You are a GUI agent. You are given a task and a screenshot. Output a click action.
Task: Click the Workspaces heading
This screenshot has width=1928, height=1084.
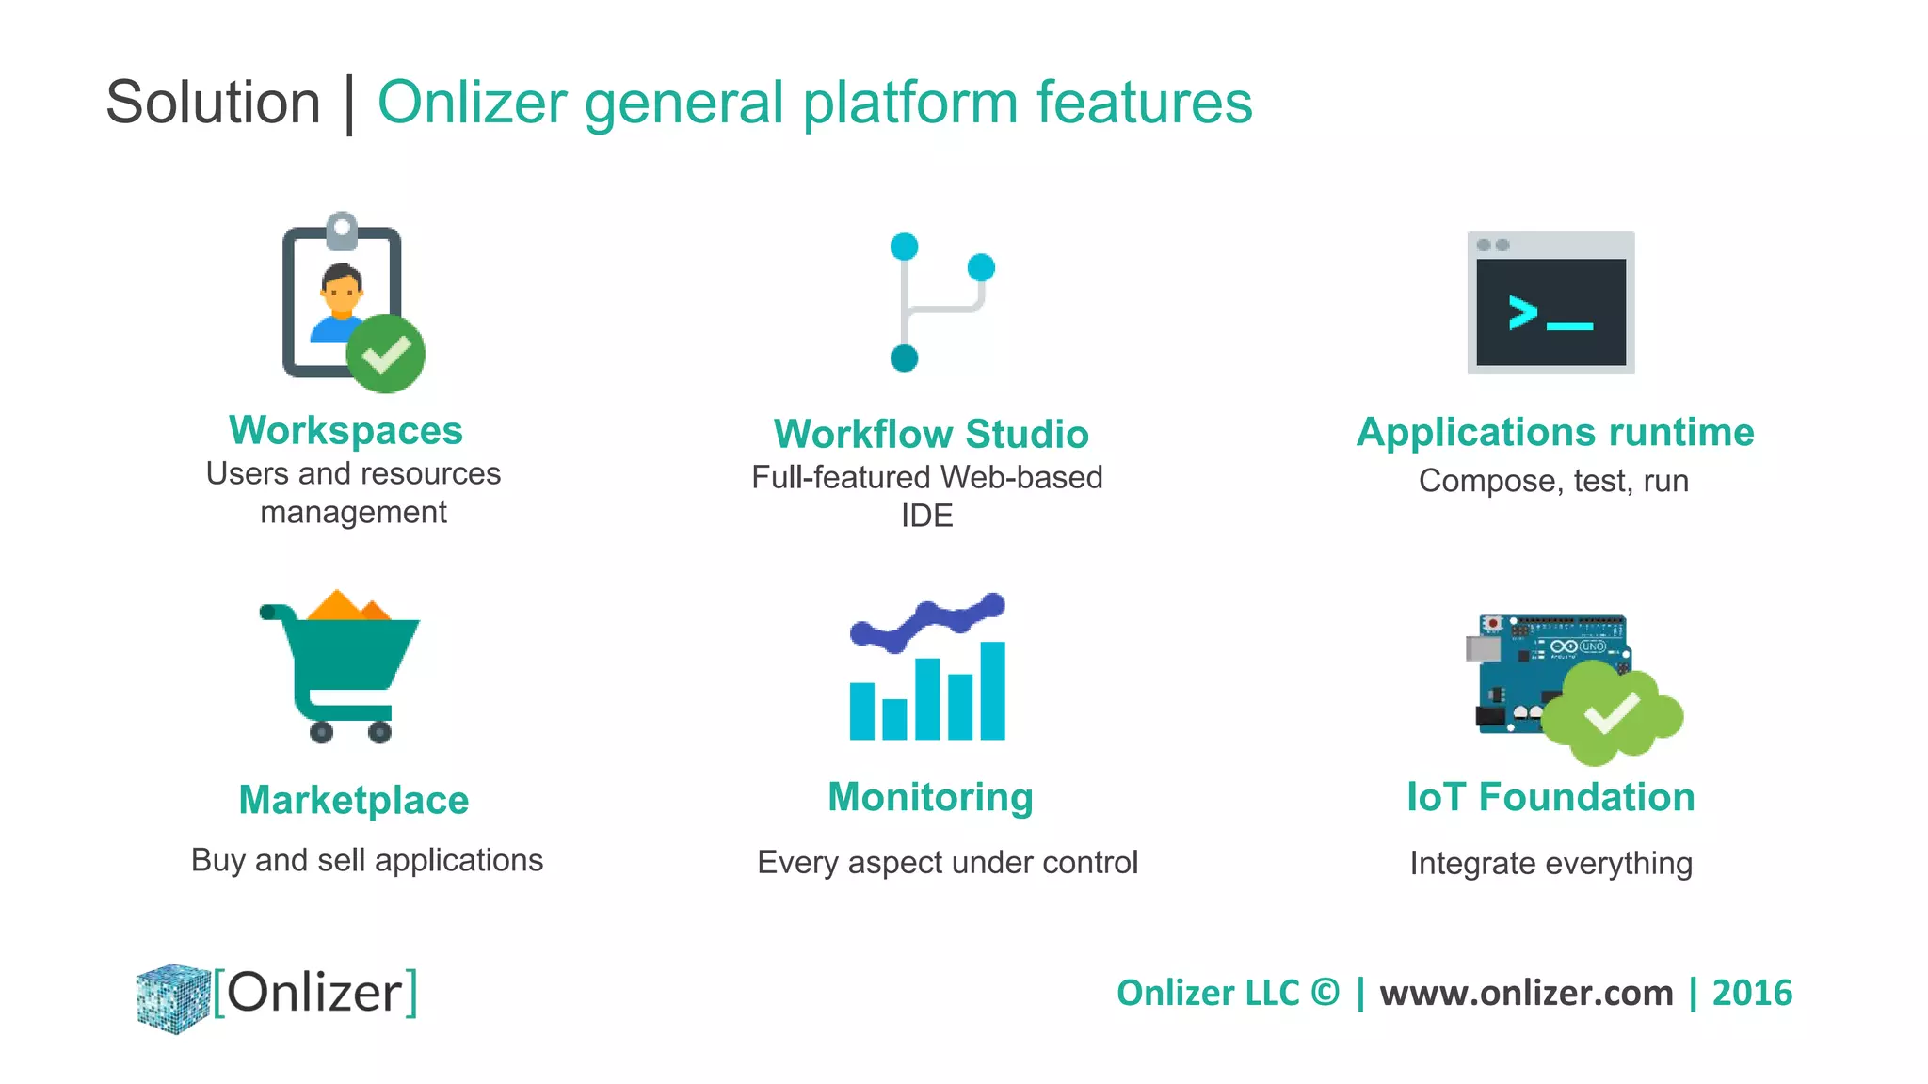345,431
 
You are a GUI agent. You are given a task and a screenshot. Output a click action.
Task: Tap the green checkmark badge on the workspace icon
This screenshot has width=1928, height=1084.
385,354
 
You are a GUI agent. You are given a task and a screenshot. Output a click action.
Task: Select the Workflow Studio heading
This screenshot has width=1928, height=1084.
930,435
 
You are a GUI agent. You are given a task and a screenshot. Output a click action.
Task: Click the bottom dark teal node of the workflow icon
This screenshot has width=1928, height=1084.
904,358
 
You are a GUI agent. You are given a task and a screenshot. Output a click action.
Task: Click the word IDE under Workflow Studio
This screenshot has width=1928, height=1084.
926,516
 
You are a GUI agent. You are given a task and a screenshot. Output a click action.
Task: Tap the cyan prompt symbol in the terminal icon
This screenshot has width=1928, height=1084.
1523,312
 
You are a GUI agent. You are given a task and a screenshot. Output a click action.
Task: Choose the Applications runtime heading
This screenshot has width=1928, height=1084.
1554,433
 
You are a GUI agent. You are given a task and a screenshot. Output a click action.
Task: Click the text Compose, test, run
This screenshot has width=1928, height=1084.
1553,481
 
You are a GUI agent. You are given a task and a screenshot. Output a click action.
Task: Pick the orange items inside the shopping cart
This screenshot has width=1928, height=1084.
346,606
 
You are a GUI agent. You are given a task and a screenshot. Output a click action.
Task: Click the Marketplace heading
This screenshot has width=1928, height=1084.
353,800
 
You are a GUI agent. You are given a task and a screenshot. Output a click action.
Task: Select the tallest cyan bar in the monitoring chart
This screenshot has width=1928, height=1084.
992,691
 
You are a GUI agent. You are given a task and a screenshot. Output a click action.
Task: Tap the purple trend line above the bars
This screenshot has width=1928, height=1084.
927,620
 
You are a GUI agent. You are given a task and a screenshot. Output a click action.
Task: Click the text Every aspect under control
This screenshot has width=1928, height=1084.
947,862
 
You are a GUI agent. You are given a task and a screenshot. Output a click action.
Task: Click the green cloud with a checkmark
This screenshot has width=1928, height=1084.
1612,713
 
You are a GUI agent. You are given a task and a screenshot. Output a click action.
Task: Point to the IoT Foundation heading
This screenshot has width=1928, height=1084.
1550,797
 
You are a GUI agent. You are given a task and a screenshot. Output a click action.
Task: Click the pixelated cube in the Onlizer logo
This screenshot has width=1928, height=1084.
173,997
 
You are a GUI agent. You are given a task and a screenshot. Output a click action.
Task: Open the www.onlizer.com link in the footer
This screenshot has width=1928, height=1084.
1526,993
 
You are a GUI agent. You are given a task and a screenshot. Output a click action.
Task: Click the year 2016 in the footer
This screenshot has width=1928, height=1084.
1751,993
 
